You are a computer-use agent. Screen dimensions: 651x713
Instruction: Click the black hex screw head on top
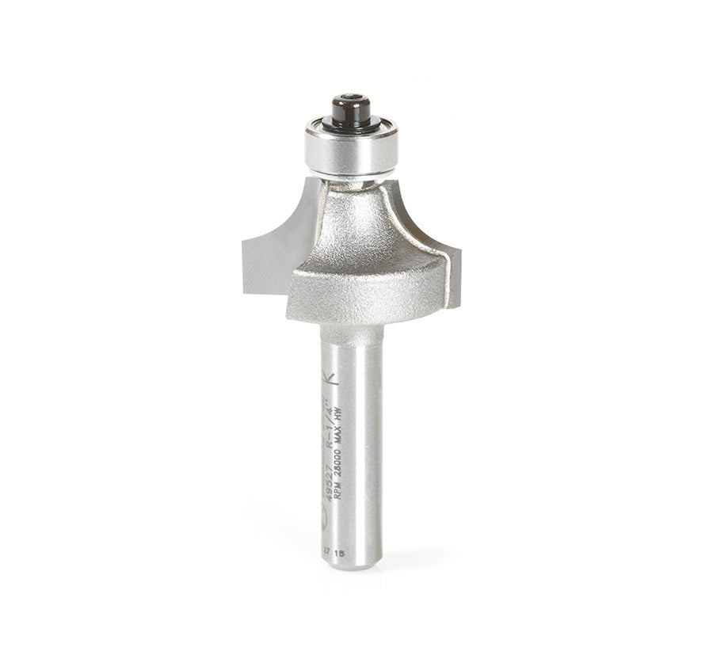tap(351, 108)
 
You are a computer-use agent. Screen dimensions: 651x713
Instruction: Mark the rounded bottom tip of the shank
tap(351, 564)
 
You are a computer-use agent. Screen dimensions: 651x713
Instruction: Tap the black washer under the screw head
tap(351, 124)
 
